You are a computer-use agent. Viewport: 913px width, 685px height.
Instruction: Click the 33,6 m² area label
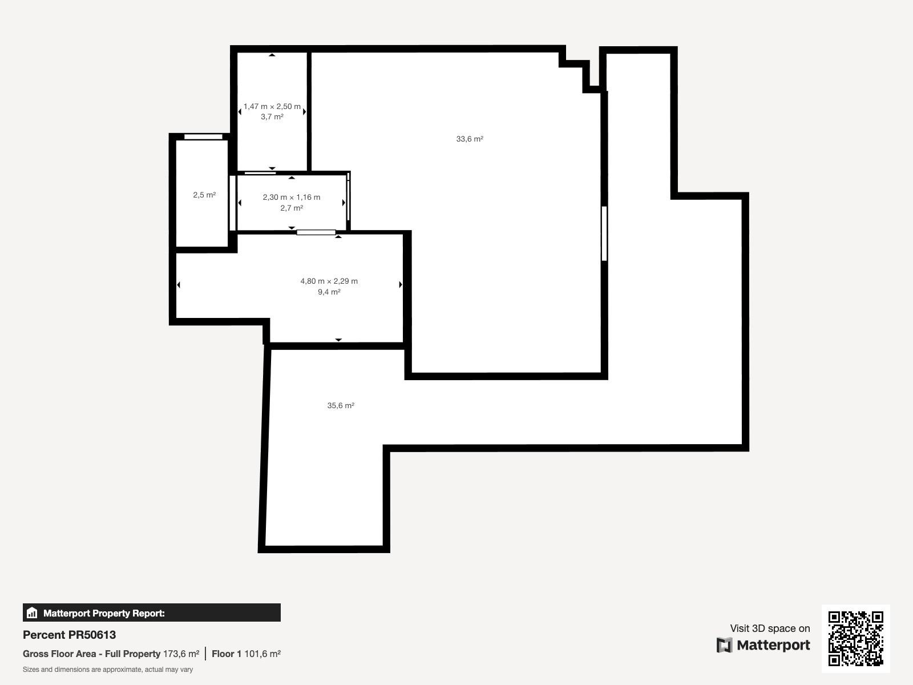(x=470, y=139)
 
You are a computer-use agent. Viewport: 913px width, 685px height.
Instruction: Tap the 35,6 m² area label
(x=341, y=405)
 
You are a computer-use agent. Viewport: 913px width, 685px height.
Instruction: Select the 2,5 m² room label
(x=204, y=195)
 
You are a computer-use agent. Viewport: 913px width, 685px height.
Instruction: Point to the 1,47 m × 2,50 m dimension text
(x=272, y=107)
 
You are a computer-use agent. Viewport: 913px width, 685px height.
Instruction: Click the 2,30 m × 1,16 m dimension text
(x=292, y=197)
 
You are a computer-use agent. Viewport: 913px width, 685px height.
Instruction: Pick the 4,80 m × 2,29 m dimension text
(x=329, y=281)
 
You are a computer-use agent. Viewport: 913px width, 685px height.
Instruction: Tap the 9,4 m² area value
(x=329, y=292)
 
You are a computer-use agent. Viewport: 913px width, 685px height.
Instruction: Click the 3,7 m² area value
(x=272, y=117)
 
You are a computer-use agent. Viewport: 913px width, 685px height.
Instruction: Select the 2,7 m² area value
(x=292, y=208)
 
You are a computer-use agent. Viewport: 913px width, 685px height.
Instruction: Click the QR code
(x=855, y=638)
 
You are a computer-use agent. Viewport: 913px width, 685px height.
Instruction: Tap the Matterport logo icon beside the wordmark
(x=724, y=645)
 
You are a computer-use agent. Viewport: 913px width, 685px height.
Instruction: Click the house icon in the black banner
(x=32, y=613)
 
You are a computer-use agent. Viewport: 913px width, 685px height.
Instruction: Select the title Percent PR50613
(x=69, y=635)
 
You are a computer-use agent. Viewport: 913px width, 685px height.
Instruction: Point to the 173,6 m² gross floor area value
(x=181, y=654)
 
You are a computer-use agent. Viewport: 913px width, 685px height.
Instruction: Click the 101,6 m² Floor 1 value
(x=262, y=654)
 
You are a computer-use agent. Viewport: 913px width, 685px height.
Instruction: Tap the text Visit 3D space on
(x=770, y=628)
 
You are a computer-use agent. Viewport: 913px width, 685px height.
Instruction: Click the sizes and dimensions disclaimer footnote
(x=108, y=670)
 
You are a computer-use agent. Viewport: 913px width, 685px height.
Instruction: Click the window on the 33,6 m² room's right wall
(x=604, y=233)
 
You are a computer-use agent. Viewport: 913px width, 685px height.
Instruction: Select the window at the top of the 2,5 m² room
(x=203, y=137)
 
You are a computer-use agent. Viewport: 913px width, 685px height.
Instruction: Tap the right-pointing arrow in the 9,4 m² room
(x=401, y=284)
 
